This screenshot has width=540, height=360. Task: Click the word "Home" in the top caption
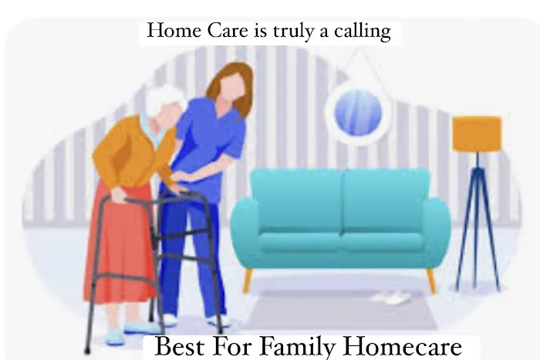coord(168,32)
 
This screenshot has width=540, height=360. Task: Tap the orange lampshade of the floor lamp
coord(477,133)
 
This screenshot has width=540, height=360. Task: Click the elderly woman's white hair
coord(164,104)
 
